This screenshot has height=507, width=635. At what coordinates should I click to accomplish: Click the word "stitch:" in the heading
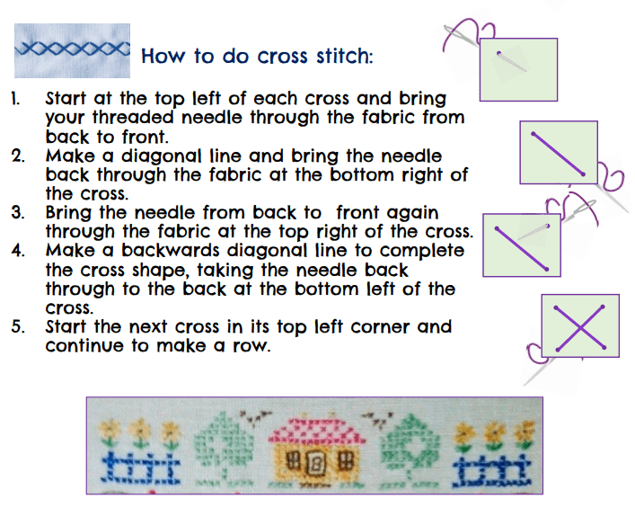pyautogui.click(x=344, y=56)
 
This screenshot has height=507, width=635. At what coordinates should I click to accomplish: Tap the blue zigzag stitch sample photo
pyautogui.click(x=72, y=50)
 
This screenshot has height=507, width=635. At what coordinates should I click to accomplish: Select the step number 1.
pyautogui.click(x=15, y=99)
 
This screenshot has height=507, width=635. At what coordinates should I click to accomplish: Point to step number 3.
pyautogui.click(x=17, y=213)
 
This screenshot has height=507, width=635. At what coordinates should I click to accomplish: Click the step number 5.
pyautogui.click(x=18, y=326)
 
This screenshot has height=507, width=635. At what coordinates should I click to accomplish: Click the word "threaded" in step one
pyautogui.click(x=133, y=118)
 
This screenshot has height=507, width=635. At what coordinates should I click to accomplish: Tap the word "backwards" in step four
pyautogui.click(x=170, y=251)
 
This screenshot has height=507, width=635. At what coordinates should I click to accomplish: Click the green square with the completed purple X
pyautogui.click(x=580, y=325)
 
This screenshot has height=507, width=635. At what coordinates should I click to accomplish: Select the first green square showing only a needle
pyautogui.click(x=518, y=70)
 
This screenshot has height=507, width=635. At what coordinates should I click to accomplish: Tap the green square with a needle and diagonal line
pyautogui.click(x=522, y=245)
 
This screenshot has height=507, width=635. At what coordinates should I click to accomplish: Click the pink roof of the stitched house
pyautogui.click(x=317, y=431)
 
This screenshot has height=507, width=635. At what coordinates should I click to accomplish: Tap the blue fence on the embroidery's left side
pyautogui.click(x=140, y=469)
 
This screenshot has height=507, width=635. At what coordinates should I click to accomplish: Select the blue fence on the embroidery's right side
pyautogui.click(x=490, y=471)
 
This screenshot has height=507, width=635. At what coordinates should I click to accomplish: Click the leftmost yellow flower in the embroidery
pyautogui.click(x=109, y=429)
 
